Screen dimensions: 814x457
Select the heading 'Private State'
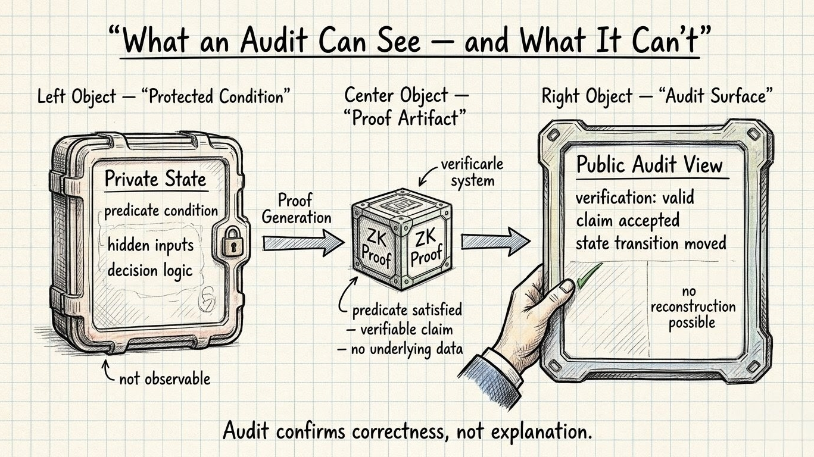coord(155,179)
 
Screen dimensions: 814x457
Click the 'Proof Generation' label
coord(297,208)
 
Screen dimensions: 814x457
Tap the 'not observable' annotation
coord(164,378)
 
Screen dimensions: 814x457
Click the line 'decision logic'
coord(150,270)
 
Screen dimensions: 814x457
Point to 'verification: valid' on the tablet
coord(635,197)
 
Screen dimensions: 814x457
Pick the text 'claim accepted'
coord(628,220)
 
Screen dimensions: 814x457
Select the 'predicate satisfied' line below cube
coord(407,310)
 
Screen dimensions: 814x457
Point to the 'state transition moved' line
coord(651,243)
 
